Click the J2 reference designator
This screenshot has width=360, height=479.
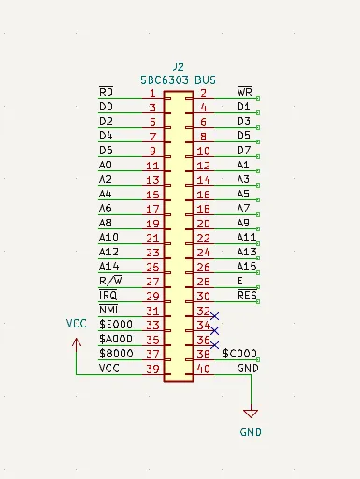tap(179, 67)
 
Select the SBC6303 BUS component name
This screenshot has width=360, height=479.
tap(178, 80)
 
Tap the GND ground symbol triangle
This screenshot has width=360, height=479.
tap(251, 414)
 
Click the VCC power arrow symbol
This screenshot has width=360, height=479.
tap(77, 343)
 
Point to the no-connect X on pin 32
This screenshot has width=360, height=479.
tap(214, 316)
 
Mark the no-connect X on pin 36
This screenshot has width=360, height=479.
tap(214, 345)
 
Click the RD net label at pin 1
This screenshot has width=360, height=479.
tap(106, 92)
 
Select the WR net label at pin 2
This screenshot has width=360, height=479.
tap(245, 92)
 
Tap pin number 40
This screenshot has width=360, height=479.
tap(204, 369)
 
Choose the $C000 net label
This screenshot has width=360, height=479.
tap(239, 354)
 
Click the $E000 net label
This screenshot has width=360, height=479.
tap(116, 325)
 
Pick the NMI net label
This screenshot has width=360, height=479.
tap(108, 310)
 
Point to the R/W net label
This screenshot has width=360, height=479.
tap(110, 281)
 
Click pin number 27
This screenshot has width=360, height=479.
tap(152, 282)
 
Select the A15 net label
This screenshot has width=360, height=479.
tap(247, 267)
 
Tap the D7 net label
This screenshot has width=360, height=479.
tap(244, 151)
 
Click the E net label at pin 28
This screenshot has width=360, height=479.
tap(240, 281)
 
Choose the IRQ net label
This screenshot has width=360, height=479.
tap(108, 295)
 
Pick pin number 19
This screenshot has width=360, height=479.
tap(152, 224)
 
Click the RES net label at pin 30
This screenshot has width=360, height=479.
tap(247, 295)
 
